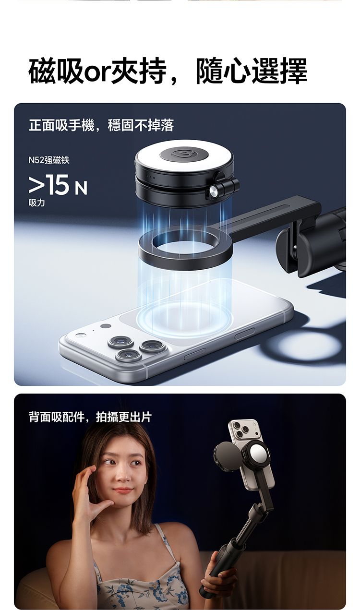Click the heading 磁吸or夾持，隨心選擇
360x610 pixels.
tap(168, 71)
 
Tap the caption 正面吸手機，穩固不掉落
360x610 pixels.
tap(101, 125)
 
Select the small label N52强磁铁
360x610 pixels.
tap(49, 160)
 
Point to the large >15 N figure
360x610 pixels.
tap(58, 185)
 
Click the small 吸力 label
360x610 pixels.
tap(36, 203)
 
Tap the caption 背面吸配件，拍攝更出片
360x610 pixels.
tap(90, 417)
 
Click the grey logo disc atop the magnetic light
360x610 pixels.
tap(184, 155)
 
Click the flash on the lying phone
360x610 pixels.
tap(80, 335)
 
